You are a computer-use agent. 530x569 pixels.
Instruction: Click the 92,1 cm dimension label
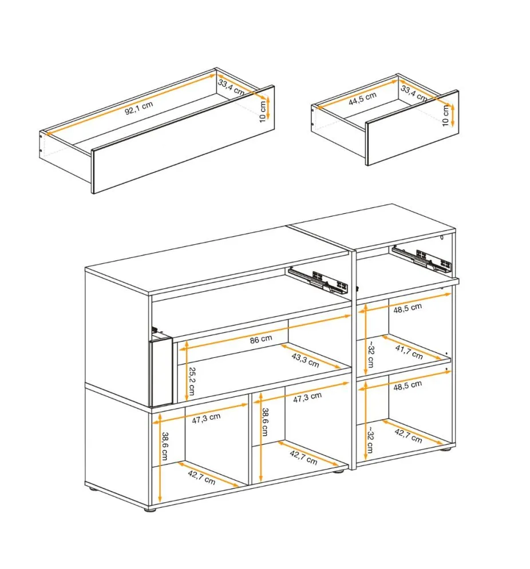point(139,108)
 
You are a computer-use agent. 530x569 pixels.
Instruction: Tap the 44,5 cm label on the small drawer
point(362,99)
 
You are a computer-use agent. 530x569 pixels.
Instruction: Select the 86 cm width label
point(261,339)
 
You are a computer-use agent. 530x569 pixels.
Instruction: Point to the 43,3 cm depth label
point(305,360)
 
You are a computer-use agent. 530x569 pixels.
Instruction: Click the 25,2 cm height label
point(192,381)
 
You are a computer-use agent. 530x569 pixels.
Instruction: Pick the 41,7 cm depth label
point(409,352)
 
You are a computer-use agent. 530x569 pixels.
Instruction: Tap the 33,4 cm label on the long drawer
point(231,87)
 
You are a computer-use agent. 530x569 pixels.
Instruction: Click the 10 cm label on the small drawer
point(446,116)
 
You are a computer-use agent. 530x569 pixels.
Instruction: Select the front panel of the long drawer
point(183,140)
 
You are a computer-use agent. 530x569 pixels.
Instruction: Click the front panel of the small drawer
point(412,128)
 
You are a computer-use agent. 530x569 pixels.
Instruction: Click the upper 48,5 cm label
point(408,308)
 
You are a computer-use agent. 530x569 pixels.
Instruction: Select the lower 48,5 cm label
point(408,385)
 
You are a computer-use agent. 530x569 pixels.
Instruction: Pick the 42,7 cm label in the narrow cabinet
point(408,435)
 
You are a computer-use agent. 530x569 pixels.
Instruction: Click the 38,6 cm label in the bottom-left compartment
point(165,446)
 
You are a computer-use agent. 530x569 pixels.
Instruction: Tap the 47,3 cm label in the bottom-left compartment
point(206,419)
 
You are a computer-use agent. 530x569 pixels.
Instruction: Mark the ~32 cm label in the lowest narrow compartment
point(370,439)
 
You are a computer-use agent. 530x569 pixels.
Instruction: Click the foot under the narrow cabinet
point(445,449)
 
